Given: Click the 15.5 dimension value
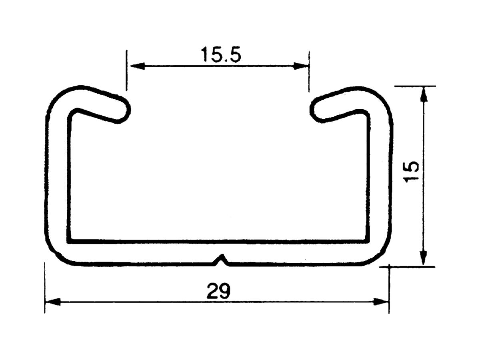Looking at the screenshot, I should (221, 55).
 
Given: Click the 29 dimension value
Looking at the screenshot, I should (218, 292).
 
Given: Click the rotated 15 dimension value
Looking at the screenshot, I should (412, 172).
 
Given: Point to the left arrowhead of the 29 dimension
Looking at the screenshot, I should (52, 302).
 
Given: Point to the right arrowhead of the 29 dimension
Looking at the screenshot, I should (382, 302).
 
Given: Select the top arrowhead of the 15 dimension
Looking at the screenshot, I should (424, 94).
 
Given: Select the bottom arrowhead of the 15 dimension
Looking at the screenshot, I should (424, 258).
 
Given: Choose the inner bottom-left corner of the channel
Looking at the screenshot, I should (71, 240).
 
